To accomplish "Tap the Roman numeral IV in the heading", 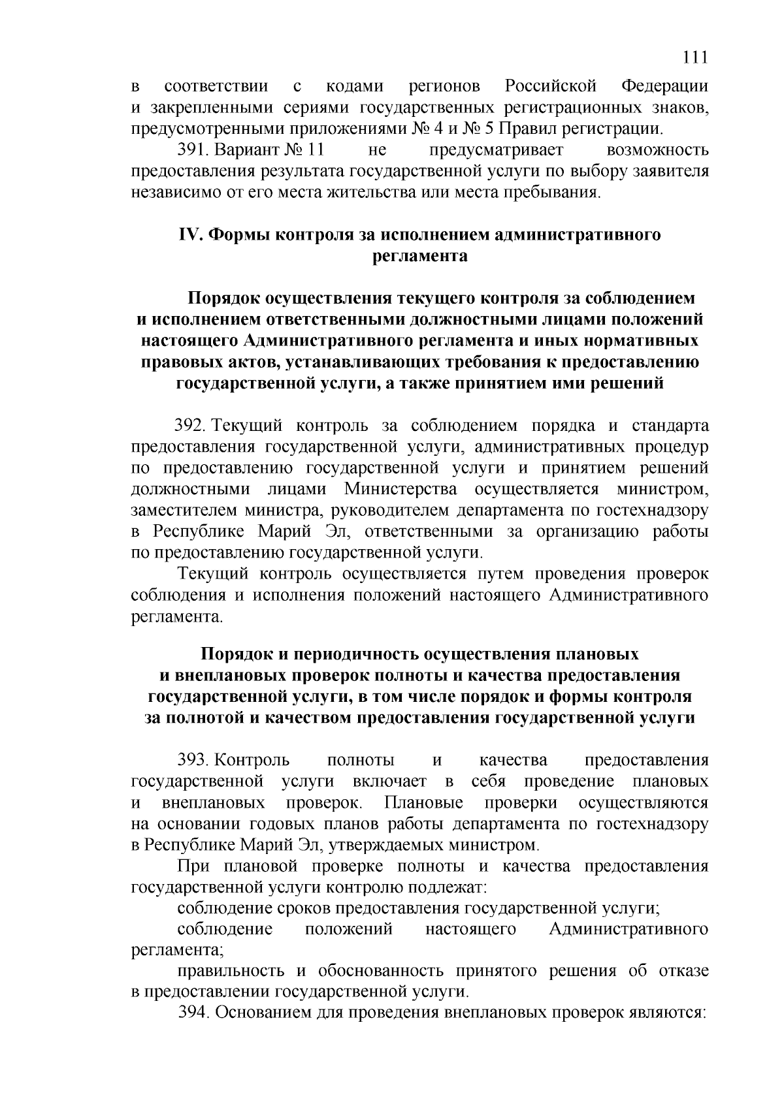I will [x=190, y=235].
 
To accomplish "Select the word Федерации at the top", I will [x=664, y=86].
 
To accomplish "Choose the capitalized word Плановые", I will [x=424, y=802].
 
